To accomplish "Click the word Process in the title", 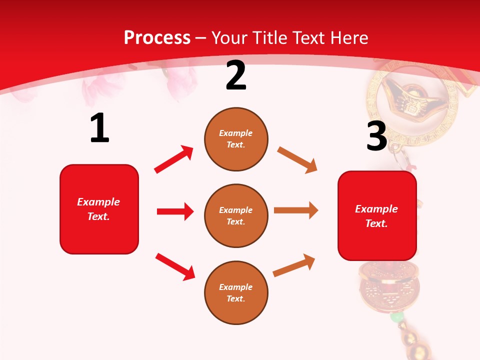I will [x=157, y=38].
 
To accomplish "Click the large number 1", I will [x=99, y=128].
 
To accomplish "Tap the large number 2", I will [x=236, y=76].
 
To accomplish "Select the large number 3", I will [x=376, y=136].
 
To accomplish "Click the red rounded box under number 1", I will [x=99, y=209].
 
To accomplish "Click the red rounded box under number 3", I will [x=377, y=216].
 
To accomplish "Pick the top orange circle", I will [x=236, y=139].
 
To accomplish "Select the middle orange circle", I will [x=236, y=216].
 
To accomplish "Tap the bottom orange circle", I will [x=236, y=292].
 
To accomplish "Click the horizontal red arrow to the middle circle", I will [x=175, y=211].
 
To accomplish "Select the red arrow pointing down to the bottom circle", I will [x=175, y=266].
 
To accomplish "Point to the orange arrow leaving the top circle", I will [x=297, y=160].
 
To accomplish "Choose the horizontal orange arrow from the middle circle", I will [x=295, y=210].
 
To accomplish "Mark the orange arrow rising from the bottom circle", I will [x=294, y=265].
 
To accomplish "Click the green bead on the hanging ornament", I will [x=397, y=317].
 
